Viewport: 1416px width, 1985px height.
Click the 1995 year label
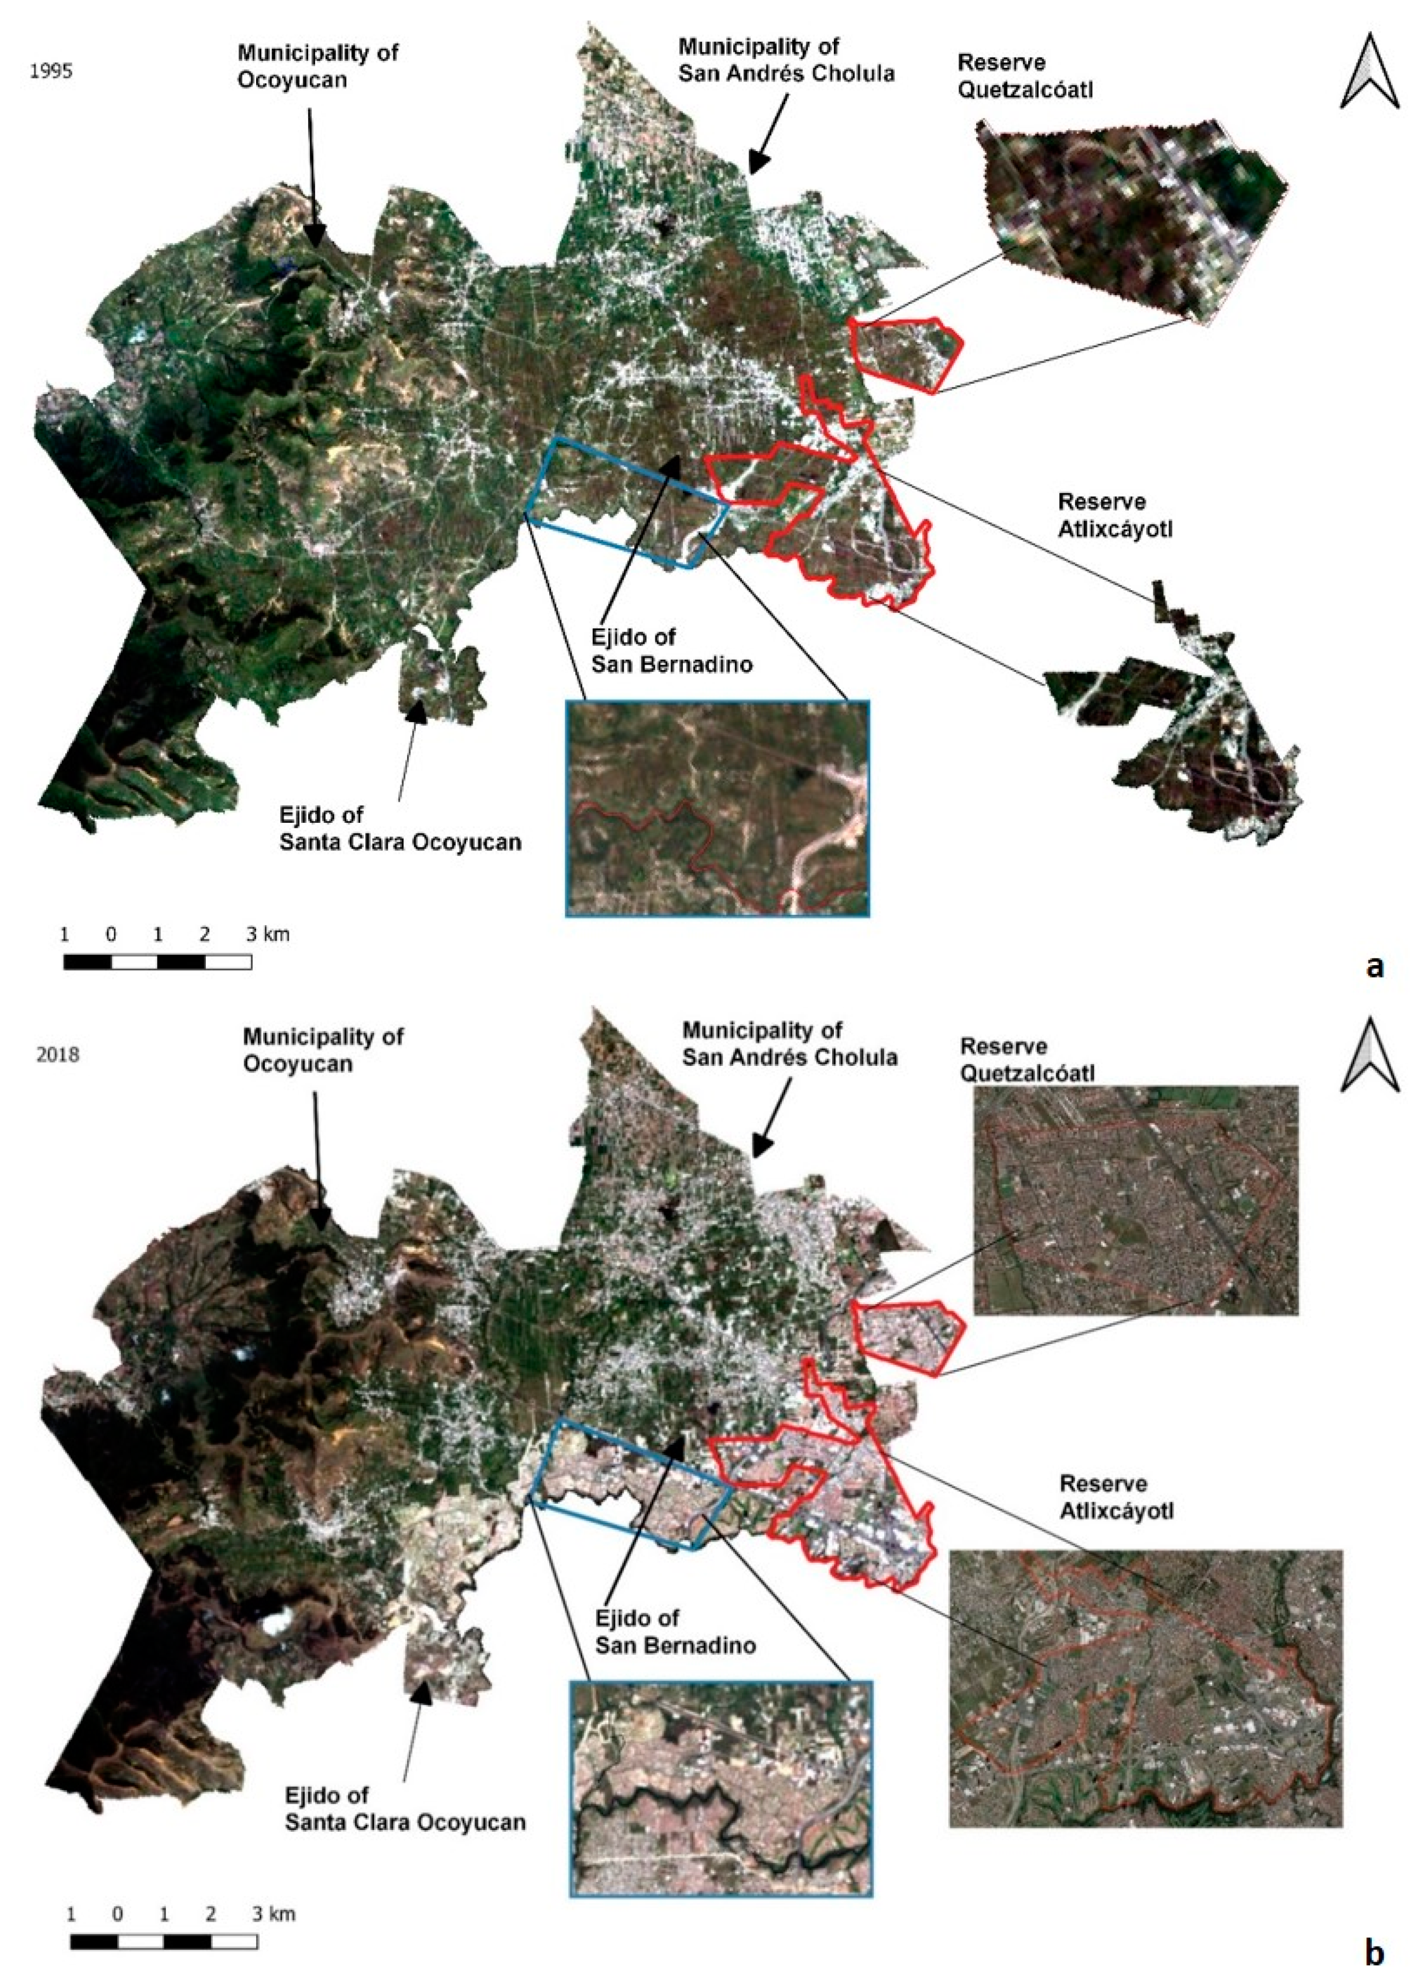tap(51, 72)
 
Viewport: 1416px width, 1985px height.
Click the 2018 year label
tap(57, 1055)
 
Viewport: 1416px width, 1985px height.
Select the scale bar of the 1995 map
tap(158, 962)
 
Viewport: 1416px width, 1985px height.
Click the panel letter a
tap(1375, 966)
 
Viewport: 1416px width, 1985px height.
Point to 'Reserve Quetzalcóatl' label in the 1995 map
tap(1024, 76)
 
